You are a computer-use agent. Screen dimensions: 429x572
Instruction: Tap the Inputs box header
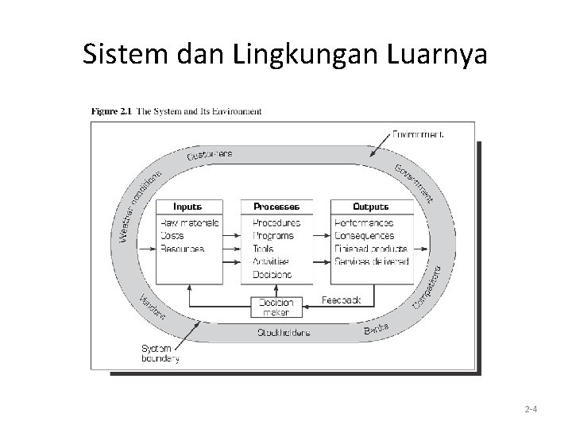coord(187,207)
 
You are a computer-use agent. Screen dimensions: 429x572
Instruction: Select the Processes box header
coord(276,207)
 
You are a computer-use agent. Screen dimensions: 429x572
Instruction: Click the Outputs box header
coord(372,207)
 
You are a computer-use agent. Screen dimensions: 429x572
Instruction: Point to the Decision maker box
coord(276,307)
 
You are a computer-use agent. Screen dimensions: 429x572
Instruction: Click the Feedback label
coord(341,300)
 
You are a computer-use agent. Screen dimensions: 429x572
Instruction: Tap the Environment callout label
coord(418,134)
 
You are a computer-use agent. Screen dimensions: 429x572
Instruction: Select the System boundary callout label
coord(160,354)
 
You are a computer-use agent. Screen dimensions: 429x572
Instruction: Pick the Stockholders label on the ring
coord(283,332)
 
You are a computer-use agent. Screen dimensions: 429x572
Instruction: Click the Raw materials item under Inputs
coord(189,223)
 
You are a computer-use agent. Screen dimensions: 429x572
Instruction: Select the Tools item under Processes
coord(265,249)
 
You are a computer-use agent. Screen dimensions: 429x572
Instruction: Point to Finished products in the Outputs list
coord(372,249)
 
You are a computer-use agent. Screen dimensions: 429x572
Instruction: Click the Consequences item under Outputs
coord(365,236)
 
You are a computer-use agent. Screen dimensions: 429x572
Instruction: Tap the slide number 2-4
coord(531,410)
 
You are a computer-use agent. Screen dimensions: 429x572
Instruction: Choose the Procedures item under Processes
coord(276,223)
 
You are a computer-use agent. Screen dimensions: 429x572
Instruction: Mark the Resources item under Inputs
coord(182,249)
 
